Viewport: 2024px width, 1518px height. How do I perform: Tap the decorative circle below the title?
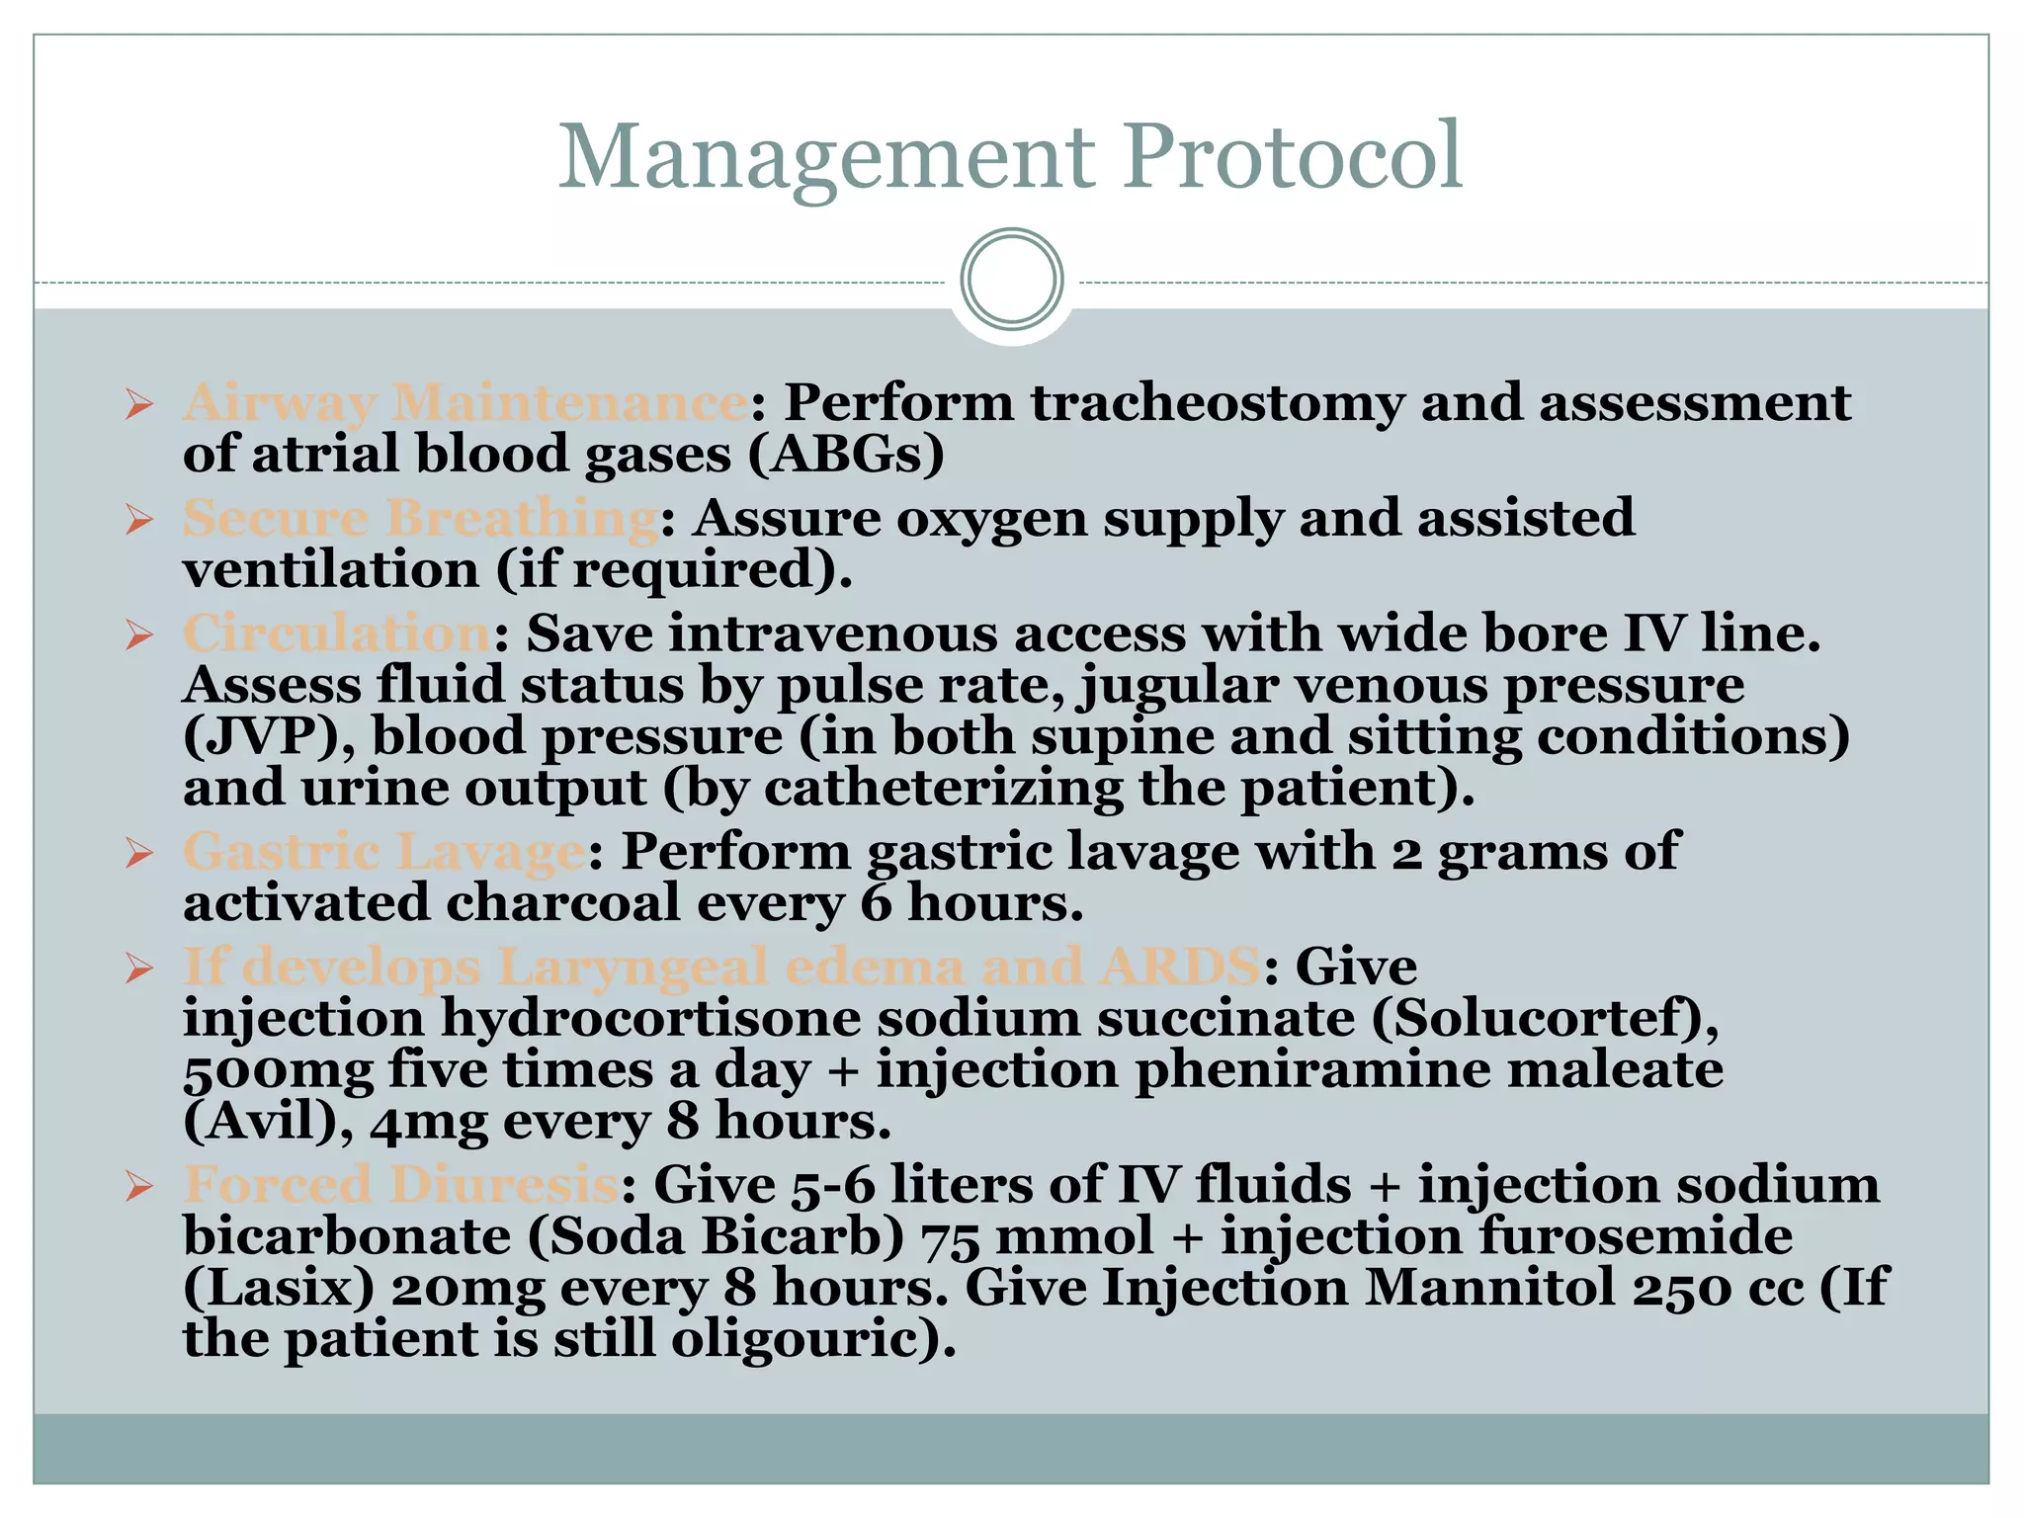point(1011,279)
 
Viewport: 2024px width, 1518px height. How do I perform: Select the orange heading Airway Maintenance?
point(465,403)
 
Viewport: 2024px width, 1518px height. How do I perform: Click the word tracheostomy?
point(1219,403)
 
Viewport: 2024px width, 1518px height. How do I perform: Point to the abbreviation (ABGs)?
point(846,455)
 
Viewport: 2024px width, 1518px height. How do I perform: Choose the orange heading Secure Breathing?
point(421,519)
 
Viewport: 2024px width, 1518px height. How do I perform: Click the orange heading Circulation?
point(337,633)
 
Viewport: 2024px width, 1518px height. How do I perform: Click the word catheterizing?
point(944,788)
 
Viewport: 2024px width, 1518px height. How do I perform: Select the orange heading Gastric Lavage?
point(383,852)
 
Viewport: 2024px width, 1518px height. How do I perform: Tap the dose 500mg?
point(279,1070)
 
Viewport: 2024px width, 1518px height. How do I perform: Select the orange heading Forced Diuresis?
point(401,1185)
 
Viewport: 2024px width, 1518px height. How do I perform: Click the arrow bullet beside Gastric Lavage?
point(139,854)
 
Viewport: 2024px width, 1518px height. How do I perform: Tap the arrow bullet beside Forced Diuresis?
point(139,1186)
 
